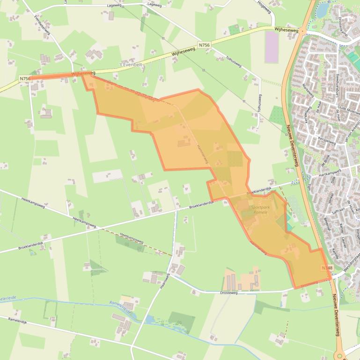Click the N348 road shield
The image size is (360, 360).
pos(327,268)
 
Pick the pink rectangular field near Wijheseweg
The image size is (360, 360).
pos(272,47)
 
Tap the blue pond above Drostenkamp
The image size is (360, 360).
pos(323,10)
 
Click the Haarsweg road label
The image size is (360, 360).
pos(163,279)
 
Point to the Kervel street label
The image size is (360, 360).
pos(341,229)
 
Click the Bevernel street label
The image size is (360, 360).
pos(328,224)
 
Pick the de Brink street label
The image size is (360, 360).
pos(326,161)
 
